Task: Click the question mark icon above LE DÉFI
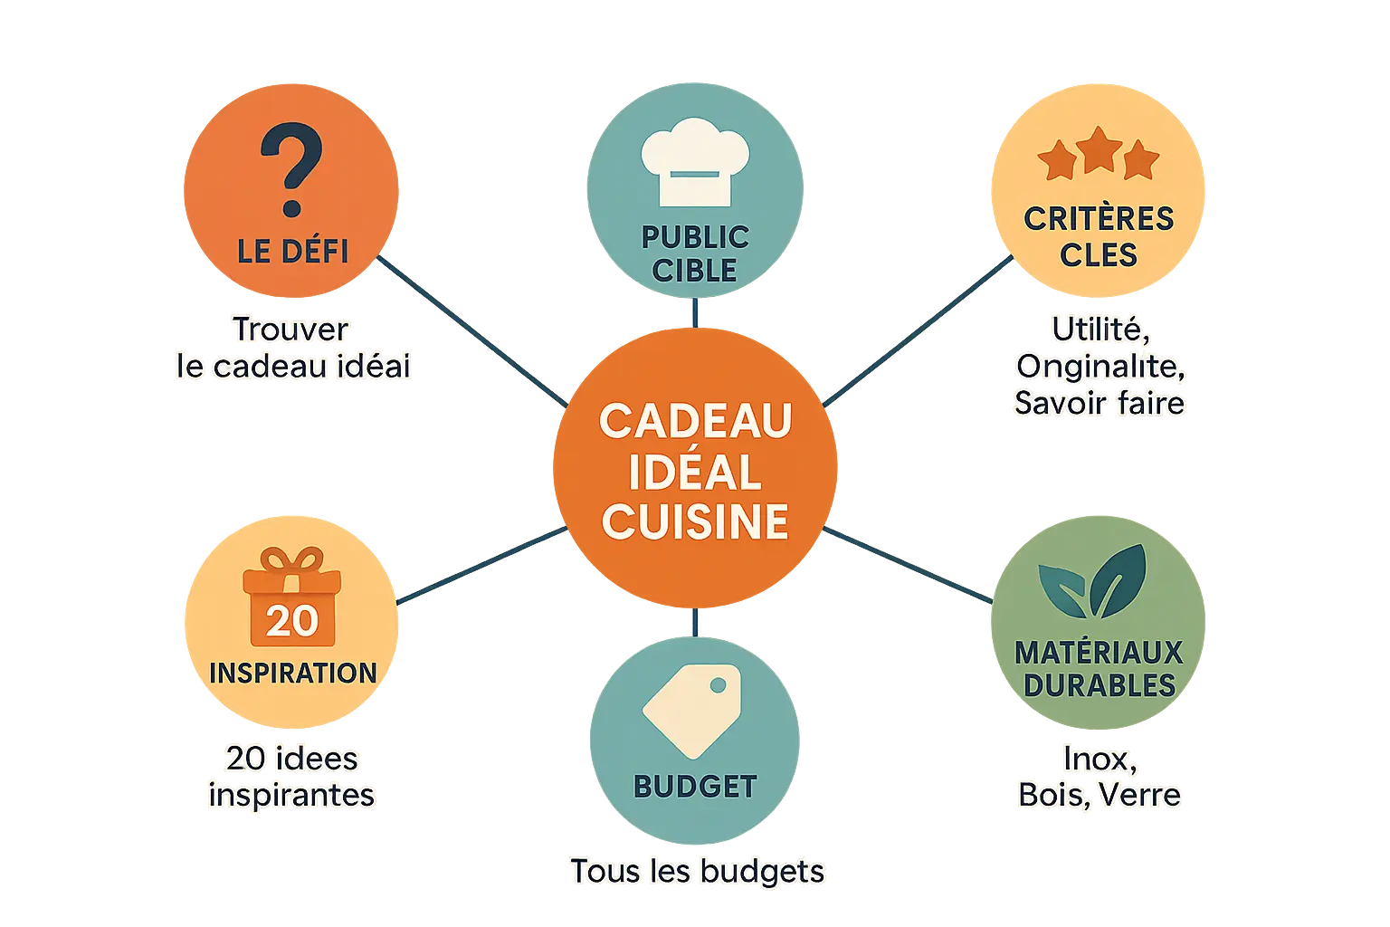click(291, 171)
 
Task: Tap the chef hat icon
click(694, 161)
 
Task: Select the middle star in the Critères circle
click(1098, 150)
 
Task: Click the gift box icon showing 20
click(291, 598)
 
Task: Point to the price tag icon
click(693, 711)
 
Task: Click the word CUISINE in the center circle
click(695, 522)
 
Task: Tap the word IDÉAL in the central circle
click(695, 472)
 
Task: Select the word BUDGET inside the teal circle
click(695, 787)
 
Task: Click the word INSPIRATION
click(292, 674)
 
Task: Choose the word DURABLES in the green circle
click(1099, 685)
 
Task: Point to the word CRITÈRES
click(1099, 218)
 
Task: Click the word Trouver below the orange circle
click(290, 330)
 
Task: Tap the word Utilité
click(1100, 330)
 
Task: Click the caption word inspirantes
click(291, 795)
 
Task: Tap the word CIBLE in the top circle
click(694, 270)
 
